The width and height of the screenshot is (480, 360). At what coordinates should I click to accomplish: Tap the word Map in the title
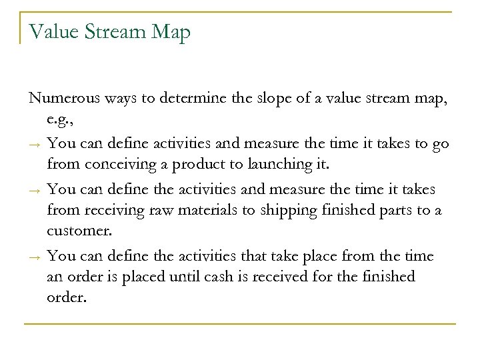171,31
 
